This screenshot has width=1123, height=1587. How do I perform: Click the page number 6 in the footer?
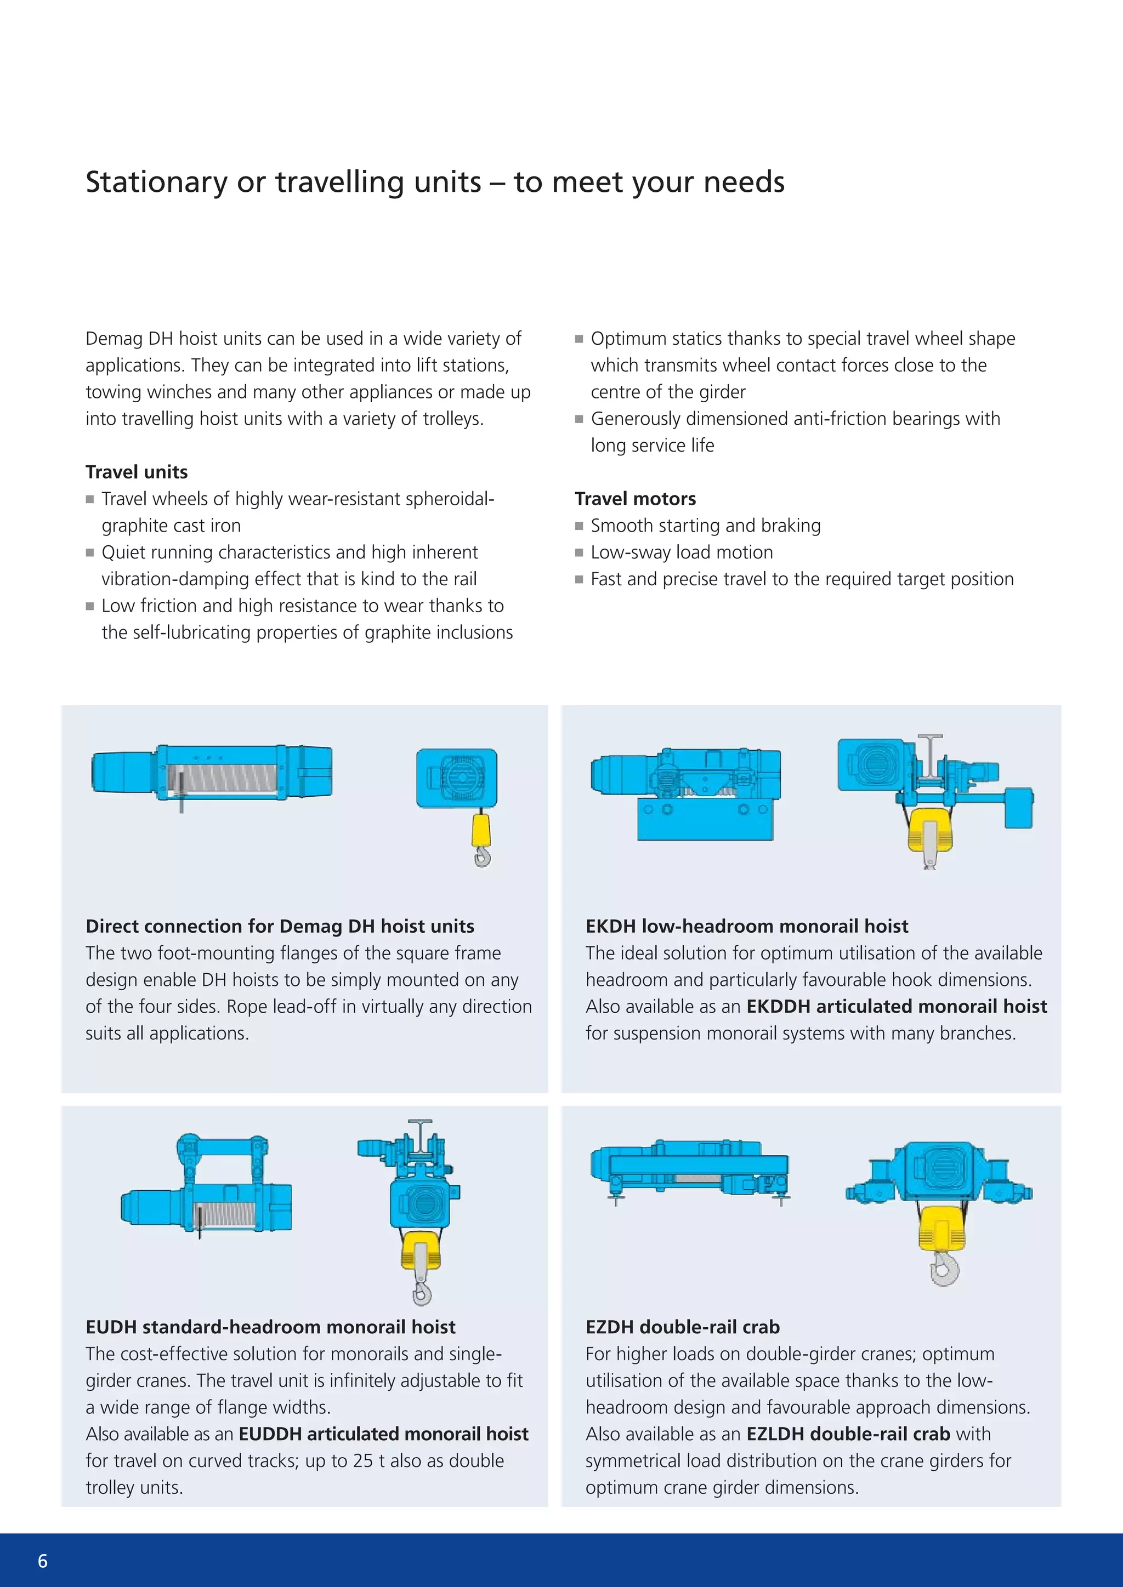[x=42, y=1561]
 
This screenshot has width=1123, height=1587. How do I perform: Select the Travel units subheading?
[x=136, y=472]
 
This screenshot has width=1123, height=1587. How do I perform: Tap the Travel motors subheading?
[x=635, y=499]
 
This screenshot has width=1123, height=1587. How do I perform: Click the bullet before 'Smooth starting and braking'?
[x=579, y=526]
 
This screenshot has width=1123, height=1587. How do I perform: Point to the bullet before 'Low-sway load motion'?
[x=579, y=553]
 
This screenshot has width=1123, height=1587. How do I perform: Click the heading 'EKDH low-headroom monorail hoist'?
[x=746, y=926]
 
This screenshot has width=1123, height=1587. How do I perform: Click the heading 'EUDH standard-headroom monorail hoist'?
[x=270, y=1327]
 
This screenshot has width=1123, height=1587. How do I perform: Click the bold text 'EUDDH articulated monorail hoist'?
[x=383, y=1434]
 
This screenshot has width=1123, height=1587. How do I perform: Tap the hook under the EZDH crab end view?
[x=943, y=1269]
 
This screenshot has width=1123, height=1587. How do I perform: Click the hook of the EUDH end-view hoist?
[x=421, y=1291]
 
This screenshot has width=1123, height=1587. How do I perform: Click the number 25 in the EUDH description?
[x=362, y=1461]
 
